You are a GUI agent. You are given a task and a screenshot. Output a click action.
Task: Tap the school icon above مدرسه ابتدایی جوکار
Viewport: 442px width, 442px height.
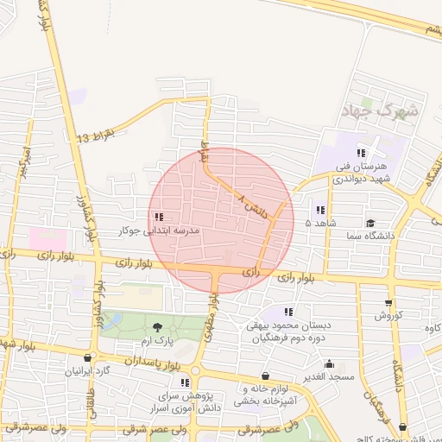point(158,217)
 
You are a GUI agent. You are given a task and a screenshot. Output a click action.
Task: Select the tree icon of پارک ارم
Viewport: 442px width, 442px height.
point(157,326)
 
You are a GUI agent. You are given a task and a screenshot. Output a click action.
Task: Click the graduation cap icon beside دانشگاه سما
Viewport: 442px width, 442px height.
point(370,222)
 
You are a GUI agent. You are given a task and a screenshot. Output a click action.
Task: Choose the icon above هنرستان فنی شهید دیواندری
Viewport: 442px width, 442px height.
point(361,153)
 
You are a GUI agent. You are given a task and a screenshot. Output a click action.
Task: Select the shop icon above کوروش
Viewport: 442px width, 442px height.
point(388,303)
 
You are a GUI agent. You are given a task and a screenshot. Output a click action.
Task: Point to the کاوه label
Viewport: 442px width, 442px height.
point(432,326)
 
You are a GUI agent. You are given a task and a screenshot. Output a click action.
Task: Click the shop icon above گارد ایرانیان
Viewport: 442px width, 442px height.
point(87,357)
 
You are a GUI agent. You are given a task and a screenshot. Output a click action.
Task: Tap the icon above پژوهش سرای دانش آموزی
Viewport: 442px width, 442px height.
point(185,382)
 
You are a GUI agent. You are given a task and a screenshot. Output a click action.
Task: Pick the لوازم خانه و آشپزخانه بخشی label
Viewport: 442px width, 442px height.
point(265,395)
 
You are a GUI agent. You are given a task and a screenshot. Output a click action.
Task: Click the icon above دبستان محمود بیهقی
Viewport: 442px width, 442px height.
point(288,312)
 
